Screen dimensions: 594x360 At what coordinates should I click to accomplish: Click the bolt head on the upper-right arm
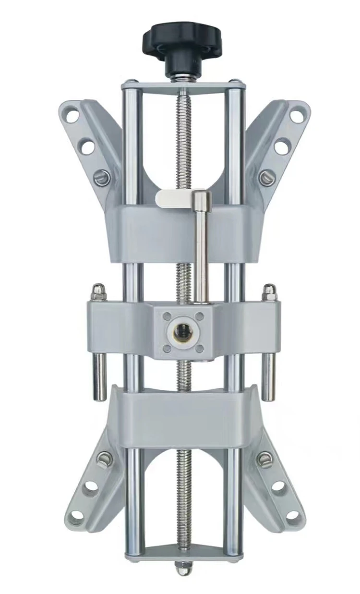[x=266, y=178]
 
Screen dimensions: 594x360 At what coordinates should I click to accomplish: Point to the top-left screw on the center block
[x=167, y=317]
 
